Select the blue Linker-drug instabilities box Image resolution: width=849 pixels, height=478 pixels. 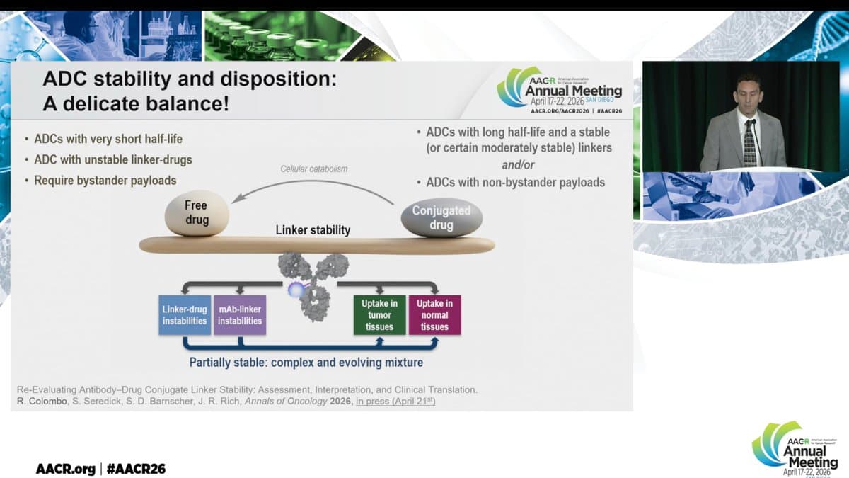click(x=184, y=315)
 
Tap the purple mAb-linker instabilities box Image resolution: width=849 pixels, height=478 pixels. click(x=240, y=315)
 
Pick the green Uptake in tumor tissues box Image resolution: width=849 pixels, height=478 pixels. click(x=379, y=315)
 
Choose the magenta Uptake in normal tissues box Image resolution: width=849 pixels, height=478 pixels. click(x=434, y=315)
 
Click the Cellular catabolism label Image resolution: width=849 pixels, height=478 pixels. click(x=314, y=169)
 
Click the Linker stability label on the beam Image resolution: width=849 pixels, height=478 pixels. click(x=313, y=230)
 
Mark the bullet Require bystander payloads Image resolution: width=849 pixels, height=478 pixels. click(x=105, y=181)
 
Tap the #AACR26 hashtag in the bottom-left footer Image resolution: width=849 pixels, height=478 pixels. click(x=136, y=469)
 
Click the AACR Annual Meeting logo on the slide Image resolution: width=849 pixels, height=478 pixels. click(x=560, y=90)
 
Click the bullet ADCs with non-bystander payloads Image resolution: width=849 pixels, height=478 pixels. click(x=515, y=182)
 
